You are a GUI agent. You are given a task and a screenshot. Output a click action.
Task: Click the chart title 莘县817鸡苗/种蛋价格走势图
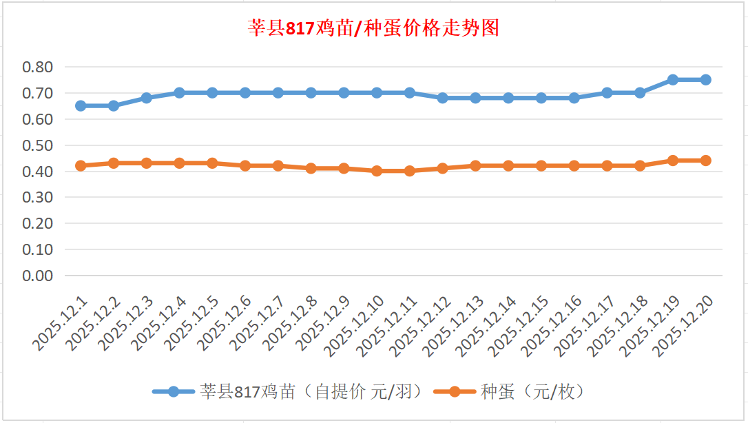(373, 28)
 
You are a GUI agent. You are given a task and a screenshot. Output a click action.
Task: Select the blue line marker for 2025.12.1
(81, 105)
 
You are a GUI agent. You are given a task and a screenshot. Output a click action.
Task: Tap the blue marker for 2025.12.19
(673, 80)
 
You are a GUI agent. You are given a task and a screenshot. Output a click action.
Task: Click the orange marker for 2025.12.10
(377, 171)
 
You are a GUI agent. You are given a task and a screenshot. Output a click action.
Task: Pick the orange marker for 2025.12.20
(706, 161)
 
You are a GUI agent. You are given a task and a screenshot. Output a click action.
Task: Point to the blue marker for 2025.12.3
(147, 98)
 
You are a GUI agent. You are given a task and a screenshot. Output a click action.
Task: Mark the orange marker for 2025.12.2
(114, 163)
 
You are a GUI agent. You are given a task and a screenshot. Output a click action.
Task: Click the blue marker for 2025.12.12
(442, 98)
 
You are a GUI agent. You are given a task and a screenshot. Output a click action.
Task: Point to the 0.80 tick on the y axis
(37, 68)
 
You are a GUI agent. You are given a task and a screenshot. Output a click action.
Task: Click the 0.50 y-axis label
(37, 145)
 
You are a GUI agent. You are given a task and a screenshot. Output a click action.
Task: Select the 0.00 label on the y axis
(37, 276)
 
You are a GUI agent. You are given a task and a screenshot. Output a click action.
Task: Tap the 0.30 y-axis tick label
(37, 198)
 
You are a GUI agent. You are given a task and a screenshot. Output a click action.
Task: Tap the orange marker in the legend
(455, 392)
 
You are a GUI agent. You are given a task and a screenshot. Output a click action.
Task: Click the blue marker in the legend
(174, 392)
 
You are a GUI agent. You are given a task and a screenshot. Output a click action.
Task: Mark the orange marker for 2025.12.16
(574, 166)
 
